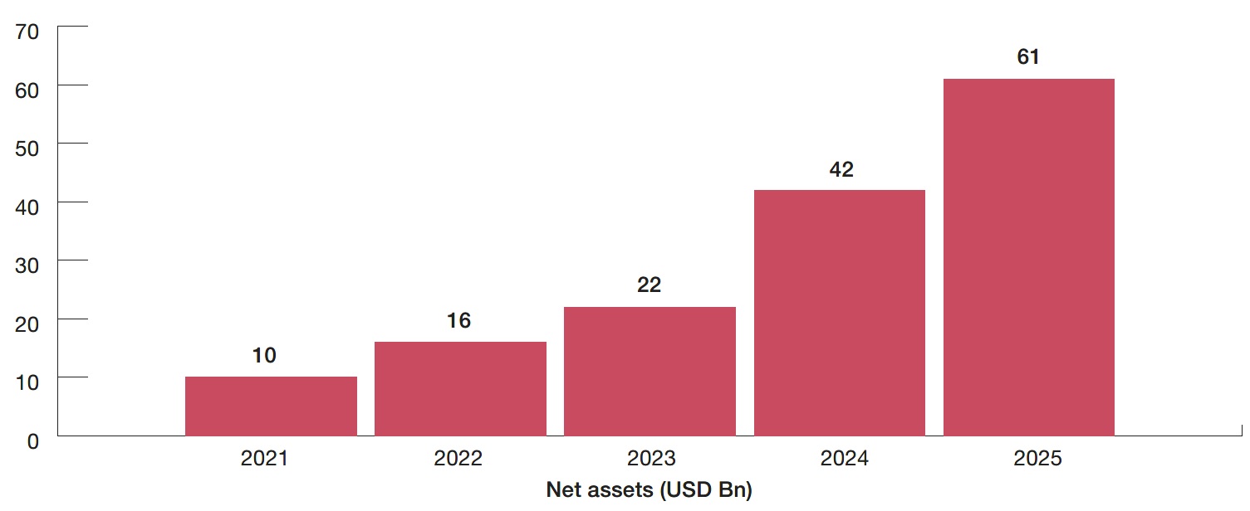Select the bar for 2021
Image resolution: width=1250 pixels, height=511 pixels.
click(271, 406)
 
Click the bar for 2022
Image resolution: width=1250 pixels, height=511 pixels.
click(460, 388)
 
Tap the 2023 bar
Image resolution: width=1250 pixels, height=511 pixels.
click(650, 371)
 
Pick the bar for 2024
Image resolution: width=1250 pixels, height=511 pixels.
click(839, 313)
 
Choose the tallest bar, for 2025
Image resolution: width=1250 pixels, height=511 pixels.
click(1028, 257)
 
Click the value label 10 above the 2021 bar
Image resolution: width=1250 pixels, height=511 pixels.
click(264, 356)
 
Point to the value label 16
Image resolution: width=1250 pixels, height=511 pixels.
click(458, 321)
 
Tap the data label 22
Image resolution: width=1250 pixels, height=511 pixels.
click(649, 285)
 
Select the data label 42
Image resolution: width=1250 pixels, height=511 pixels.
click(841, 170)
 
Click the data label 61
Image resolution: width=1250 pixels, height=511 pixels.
click(1028, 57)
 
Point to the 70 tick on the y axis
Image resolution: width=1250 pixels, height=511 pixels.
click(27, 32)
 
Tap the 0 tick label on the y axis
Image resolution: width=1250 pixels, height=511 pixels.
click(32, 441)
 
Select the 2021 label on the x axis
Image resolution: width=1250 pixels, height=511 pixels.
click(264, 459)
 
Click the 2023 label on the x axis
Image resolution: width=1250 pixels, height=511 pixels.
click(652, 459)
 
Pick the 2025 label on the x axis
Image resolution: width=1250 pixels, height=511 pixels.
click(1038, 459)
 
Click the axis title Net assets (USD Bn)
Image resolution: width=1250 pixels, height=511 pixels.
click(649, 490)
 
